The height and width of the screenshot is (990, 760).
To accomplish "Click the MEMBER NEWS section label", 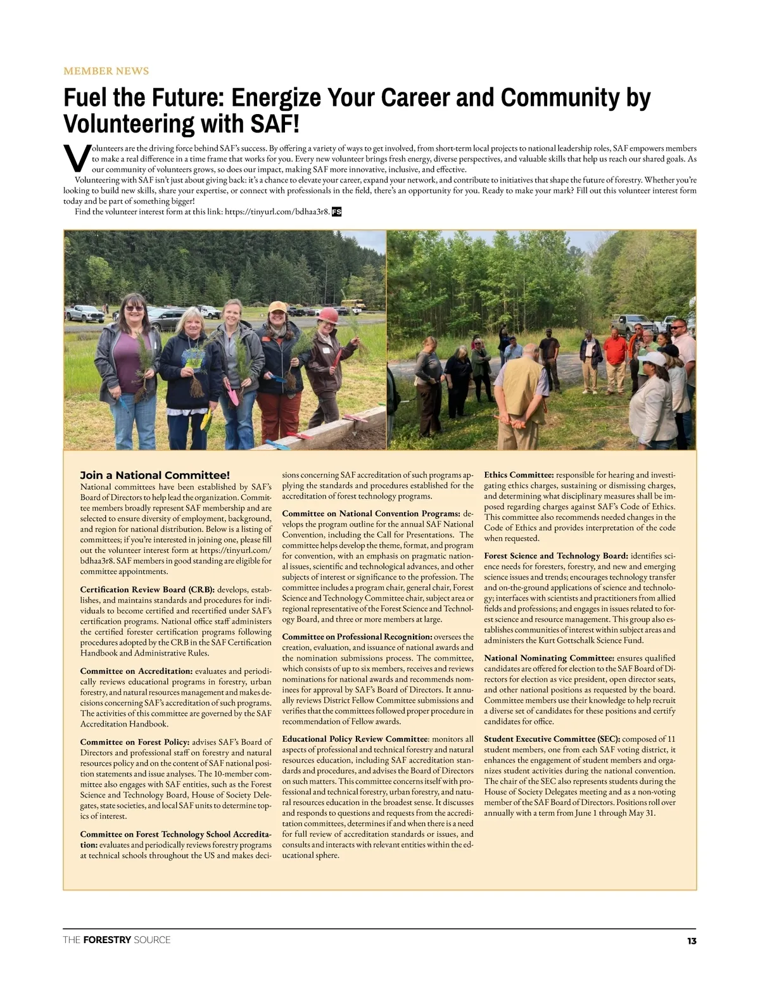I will click(x=106, y=71).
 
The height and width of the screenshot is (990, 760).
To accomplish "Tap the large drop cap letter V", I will click(x=76, y=158).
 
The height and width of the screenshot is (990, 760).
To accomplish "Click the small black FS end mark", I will click(x=336, y=212).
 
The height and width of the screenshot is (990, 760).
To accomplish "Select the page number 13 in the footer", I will click(x=691, y=941).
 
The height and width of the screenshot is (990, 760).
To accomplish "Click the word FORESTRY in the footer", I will click(x=107, y=940).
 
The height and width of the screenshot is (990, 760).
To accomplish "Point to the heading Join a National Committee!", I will click(x=155, y=475).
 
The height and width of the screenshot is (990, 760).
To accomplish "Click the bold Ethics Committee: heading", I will click(x=519, y=474).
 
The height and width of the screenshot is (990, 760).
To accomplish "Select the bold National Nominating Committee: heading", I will click(x=548, y=657).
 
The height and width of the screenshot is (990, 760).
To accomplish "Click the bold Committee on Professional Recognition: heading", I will click(x=357, y=636).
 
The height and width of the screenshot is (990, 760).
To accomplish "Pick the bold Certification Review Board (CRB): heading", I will click(x=147, y=590).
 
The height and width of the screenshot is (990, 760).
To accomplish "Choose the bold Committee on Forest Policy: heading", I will click(x=134, y=742).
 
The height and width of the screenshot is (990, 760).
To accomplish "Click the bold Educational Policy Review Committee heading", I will click(x=355, y=739).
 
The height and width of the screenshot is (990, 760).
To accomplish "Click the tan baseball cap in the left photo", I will click(x=277, y=307).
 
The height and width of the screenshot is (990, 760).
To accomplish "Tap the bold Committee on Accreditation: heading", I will click(x=136, y=671).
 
